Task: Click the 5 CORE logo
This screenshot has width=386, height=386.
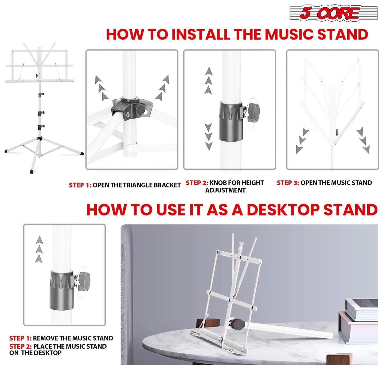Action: [x=333, y=13]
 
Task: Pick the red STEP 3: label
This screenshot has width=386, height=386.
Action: [x=288, y=183]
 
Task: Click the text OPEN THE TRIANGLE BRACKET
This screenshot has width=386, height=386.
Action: [x=137, y=185]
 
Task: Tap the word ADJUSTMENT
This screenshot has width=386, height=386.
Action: [x=225, y=190]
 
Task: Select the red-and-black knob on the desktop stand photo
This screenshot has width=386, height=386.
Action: [x=238, y=324]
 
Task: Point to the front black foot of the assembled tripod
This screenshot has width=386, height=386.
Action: [x=32, y=171]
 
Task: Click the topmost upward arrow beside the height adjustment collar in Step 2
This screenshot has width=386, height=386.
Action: [x=209, y=71]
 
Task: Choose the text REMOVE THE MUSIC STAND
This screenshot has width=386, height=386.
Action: [x=73, y=338]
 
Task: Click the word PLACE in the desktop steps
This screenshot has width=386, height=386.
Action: [x=42, y=346]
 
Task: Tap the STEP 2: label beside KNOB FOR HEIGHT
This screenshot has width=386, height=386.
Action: [x=197, y=183]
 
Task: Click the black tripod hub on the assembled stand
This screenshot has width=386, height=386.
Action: [x=40, y=138]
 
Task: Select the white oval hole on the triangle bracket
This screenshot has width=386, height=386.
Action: [x=128, y=115]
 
